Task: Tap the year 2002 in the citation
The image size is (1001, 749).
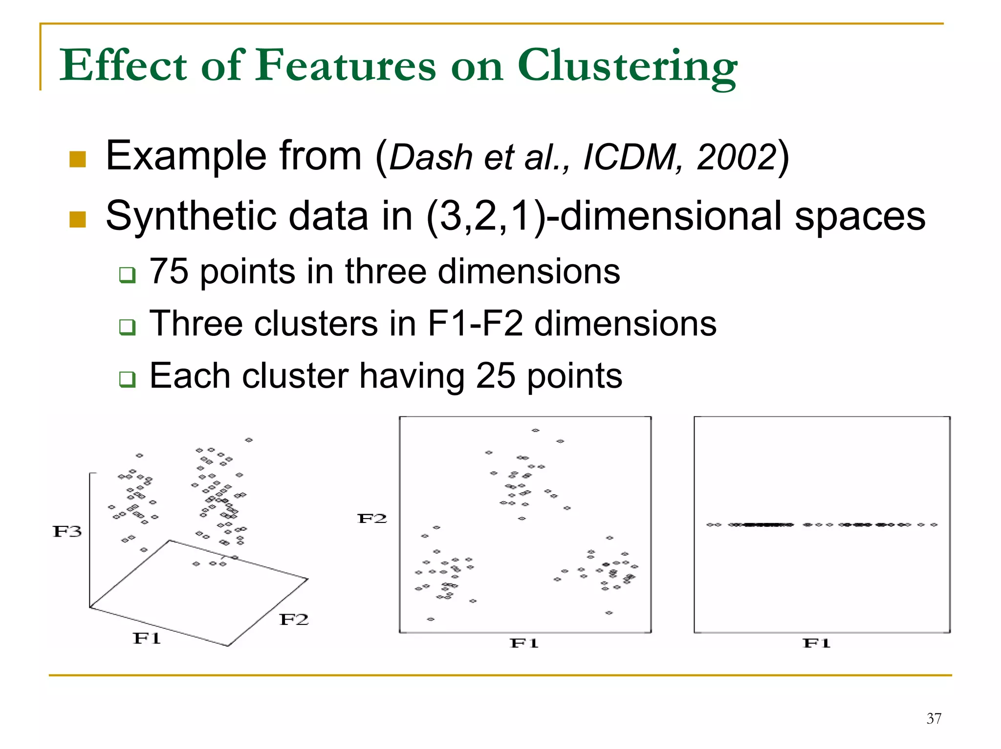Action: pos(736,157)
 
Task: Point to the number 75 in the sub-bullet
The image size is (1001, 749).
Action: pos(169,271)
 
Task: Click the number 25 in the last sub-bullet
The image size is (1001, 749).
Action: pos(495,376)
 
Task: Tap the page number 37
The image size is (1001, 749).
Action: pos(934,718)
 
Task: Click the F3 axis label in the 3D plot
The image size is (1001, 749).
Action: pos(67,531)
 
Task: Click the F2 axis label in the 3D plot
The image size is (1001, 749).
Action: pos(294,620)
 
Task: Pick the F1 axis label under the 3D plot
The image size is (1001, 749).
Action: pos(147,638)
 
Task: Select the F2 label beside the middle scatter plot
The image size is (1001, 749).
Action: pos(372,519)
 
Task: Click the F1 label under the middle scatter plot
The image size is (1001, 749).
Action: pos(524,643)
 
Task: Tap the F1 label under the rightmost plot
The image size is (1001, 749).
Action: pos(816,643)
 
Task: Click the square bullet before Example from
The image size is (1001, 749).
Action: pos(78,159)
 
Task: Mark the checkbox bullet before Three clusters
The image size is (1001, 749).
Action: pos(127,327)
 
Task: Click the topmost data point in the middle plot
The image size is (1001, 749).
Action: pos(535,430)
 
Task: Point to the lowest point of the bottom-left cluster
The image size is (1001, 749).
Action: pos(431,619)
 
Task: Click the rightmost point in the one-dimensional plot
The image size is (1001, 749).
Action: pos(934,525)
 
